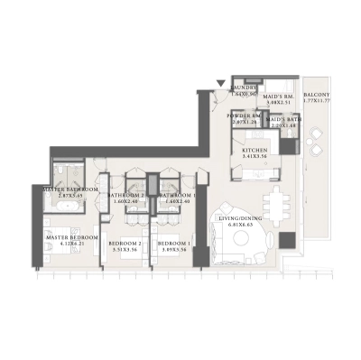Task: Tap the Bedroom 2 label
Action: (x=125, y=244)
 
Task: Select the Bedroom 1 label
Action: (x=174, y=244)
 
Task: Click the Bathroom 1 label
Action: (x=176, y=195)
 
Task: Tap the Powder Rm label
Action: (x=245, y=116)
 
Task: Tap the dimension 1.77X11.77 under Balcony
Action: (x=317, y=103)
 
